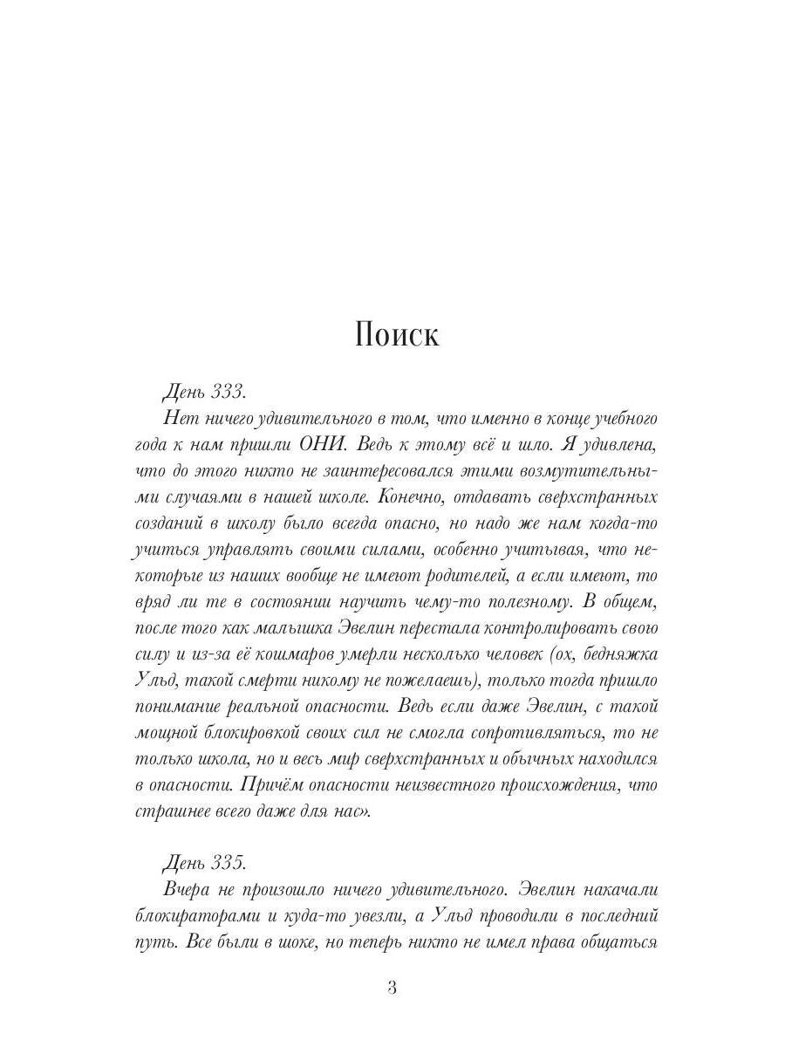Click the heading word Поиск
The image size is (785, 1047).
coord(397,335)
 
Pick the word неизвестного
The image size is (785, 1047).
coord(432,785)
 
